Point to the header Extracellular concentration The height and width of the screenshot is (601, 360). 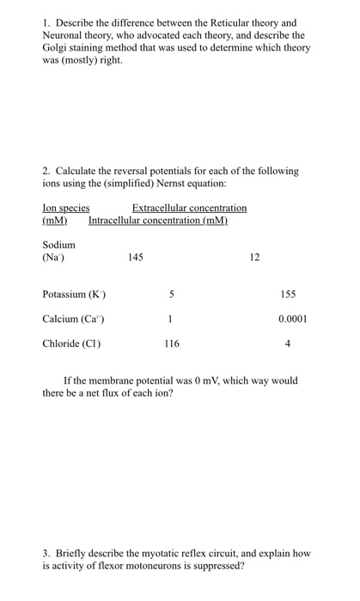pos(189,208)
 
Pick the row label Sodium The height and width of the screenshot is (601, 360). pos(58,244)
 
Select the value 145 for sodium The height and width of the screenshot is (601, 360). pos(135,257)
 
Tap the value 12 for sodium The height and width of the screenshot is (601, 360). pos(254,257)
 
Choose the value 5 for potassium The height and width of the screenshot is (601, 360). pos(172,294)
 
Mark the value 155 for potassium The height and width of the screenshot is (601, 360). pos(288,294)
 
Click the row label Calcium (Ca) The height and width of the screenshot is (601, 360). pos(74,319)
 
